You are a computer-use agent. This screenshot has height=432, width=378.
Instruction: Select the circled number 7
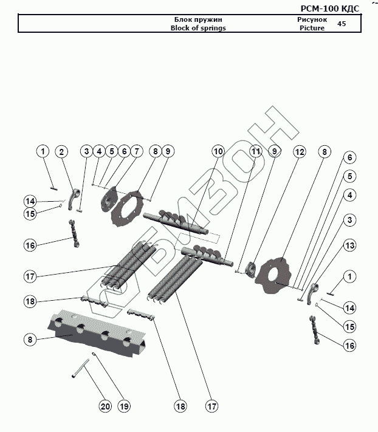(x=136, y=151)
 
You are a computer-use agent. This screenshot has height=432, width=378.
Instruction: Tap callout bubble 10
(x=218, y=151)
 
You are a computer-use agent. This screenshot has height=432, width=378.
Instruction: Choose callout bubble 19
(x=125, y=406)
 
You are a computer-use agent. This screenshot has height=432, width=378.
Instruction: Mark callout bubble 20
(x=105, y=406)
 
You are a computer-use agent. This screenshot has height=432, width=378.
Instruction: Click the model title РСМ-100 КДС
(x=330, y=8)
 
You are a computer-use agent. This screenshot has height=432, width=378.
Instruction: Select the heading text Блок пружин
(x=193, y=20)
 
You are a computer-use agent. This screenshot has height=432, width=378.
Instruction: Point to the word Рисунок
(x=312, y=20)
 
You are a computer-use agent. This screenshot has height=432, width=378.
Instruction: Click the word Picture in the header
(x=312, y=29)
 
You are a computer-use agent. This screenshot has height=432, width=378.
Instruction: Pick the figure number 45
(x=342, y=24)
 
